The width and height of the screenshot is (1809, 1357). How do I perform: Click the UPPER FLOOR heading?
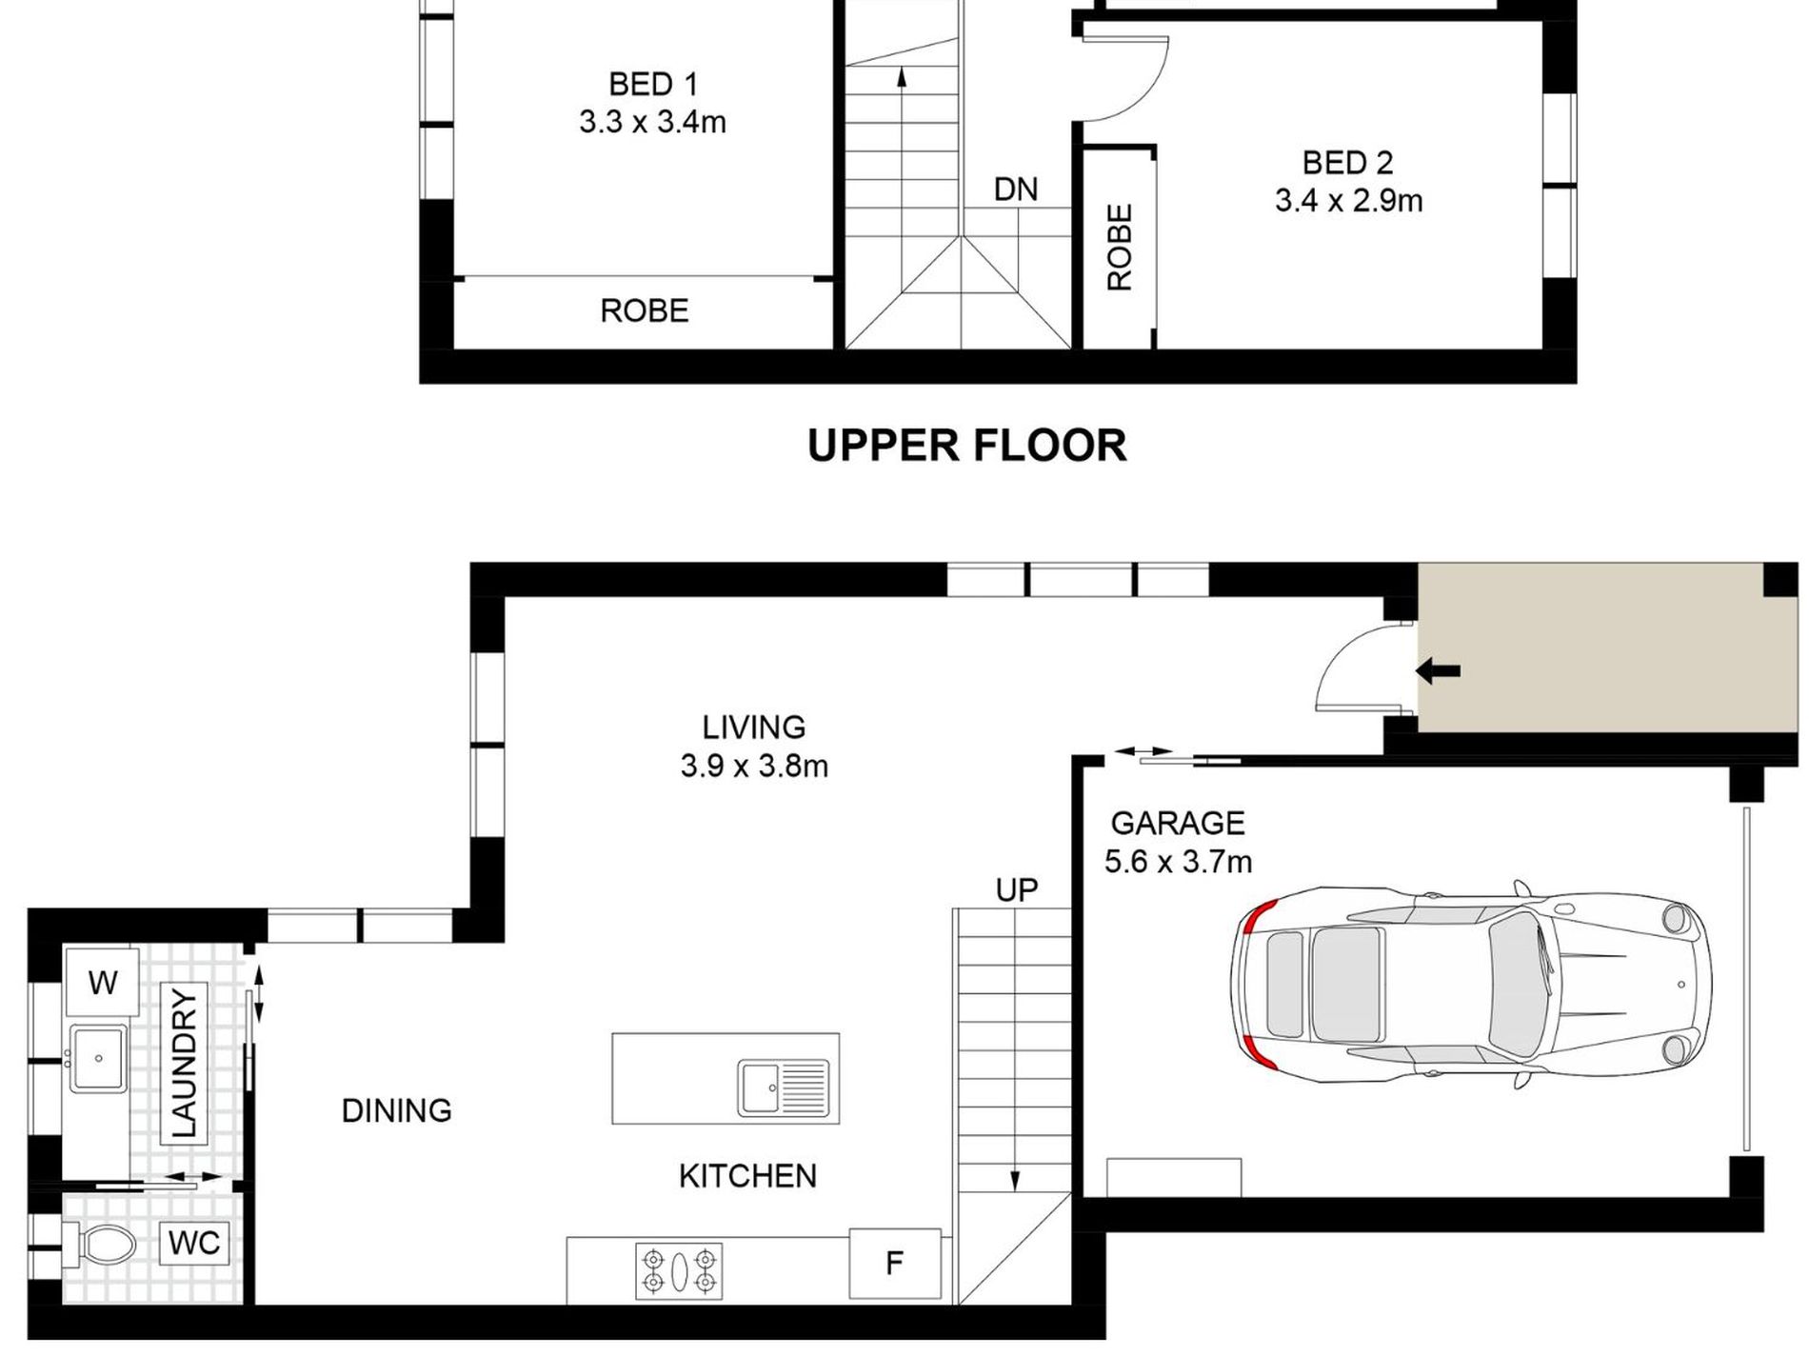966,446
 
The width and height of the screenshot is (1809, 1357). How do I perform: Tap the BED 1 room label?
653,85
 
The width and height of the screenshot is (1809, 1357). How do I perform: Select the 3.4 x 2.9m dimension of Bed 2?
1348,201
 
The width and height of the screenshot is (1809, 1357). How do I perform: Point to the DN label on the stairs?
1016,190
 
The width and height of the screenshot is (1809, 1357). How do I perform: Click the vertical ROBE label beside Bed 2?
1121,247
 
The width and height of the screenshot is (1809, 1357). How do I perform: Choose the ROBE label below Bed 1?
645,310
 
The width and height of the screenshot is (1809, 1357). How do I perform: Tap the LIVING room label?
754,728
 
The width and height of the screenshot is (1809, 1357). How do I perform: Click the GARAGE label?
1178,823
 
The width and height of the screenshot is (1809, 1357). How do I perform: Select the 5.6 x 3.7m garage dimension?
1178,862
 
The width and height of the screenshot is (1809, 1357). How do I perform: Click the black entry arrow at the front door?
1438,671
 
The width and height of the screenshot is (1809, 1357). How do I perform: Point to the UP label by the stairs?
1016,889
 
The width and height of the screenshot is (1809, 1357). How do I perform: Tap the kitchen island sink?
784,1088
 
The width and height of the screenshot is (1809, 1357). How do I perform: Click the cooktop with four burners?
679,1270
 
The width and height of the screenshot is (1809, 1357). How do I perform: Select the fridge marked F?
894,1264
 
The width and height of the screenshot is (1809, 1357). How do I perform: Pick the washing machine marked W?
102,982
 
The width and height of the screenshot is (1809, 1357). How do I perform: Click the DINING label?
397,1110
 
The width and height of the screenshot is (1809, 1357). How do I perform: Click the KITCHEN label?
747,1176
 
